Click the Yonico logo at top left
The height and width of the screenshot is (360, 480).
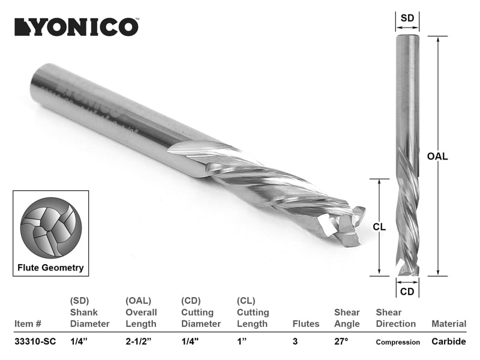point(77,27)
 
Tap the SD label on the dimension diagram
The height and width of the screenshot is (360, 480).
point(407,18)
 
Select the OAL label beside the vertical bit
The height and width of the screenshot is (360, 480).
point(437,157)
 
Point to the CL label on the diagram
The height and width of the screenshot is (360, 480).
point(379,227)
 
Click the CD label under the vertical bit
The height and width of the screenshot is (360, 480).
point(407,292)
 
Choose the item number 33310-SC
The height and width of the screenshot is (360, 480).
point(35,342)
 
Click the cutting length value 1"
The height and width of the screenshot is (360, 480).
point(243,342)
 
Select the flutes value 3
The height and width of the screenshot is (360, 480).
point(295,342)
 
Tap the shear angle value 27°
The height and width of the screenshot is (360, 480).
point(341,342)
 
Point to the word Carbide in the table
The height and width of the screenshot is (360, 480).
point(448,342)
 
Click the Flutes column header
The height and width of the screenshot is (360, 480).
point(306,324)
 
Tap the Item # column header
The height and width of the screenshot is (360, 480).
point(28,324)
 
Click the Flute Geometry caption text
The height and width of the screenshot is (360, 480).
point(52,268)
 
